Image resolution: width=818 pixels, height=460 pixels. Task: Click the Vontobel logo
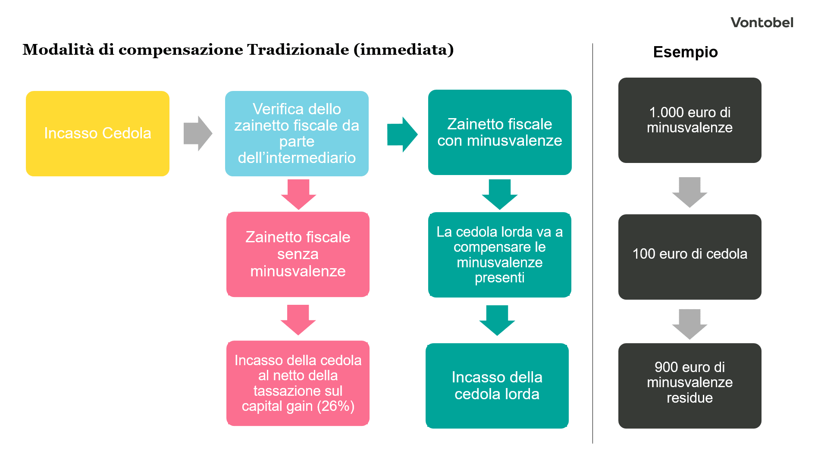pyautogui.click(x=762, y=22)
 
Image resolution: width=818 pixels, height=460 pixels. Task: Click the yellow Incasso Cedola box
pyautogui.click(x=97, y=133)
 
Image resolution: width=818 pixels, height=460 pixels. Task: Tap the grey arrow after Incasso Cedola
pyautogui.click(x=197, y=133)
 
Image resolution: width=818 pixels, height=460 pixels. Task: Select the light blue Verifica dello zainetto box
pyautogui.click(x=297, y=133)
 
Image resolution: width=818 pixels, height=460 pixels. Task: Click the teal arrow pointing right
pyautogui.click(x=402, y=134)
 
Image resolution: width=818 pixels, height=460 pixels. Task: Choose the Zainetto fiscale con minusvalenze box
pyautogui.click(x=499, y=132)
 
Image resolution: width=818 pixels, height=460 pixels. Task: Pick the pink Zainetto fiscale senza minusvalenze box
pyautogui.click(x=298, y=254)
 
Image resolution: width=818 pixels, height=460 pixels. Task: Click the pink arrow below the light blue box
pyautogui.click(x=298, y=194)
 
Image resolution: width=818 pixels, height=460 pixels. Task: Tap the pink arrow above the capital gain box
pyautogui.click(x=298, y=319)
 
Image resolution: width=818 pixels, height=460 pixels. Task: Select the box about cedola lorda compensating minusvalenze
pyautogui.click(x=499, y=254)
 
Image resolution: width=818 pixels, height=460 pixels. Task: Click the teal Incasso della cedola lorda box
pyautogui.click(x=497, y=385)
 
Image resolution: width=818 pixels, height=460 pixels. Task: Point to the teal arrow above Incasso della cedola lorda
pyautogui.click(x=497, y=320)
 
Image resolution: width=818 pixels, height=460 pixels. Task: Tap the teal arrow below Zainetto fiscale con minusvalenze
pyautogui.click(x=499, y=194)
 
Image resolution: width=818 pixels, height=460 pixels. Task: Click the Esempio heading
pyautogui.click(x=685, y=52)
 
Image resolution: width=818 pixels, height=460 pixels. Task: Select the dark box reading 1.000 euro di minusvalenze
pyautogui.click(x=690, y=120)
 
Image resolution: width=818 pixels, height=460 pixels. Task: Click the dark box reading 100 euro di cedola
pyautogui.click(x=690, y=257)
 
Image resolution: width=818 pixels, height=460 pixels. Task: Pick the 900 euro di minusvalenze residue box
pyautogui.click(x=690, y=385)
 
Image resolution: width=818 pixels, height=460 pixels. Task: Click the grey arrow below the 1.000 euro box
pyautogui.click(x=690, y=192)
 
